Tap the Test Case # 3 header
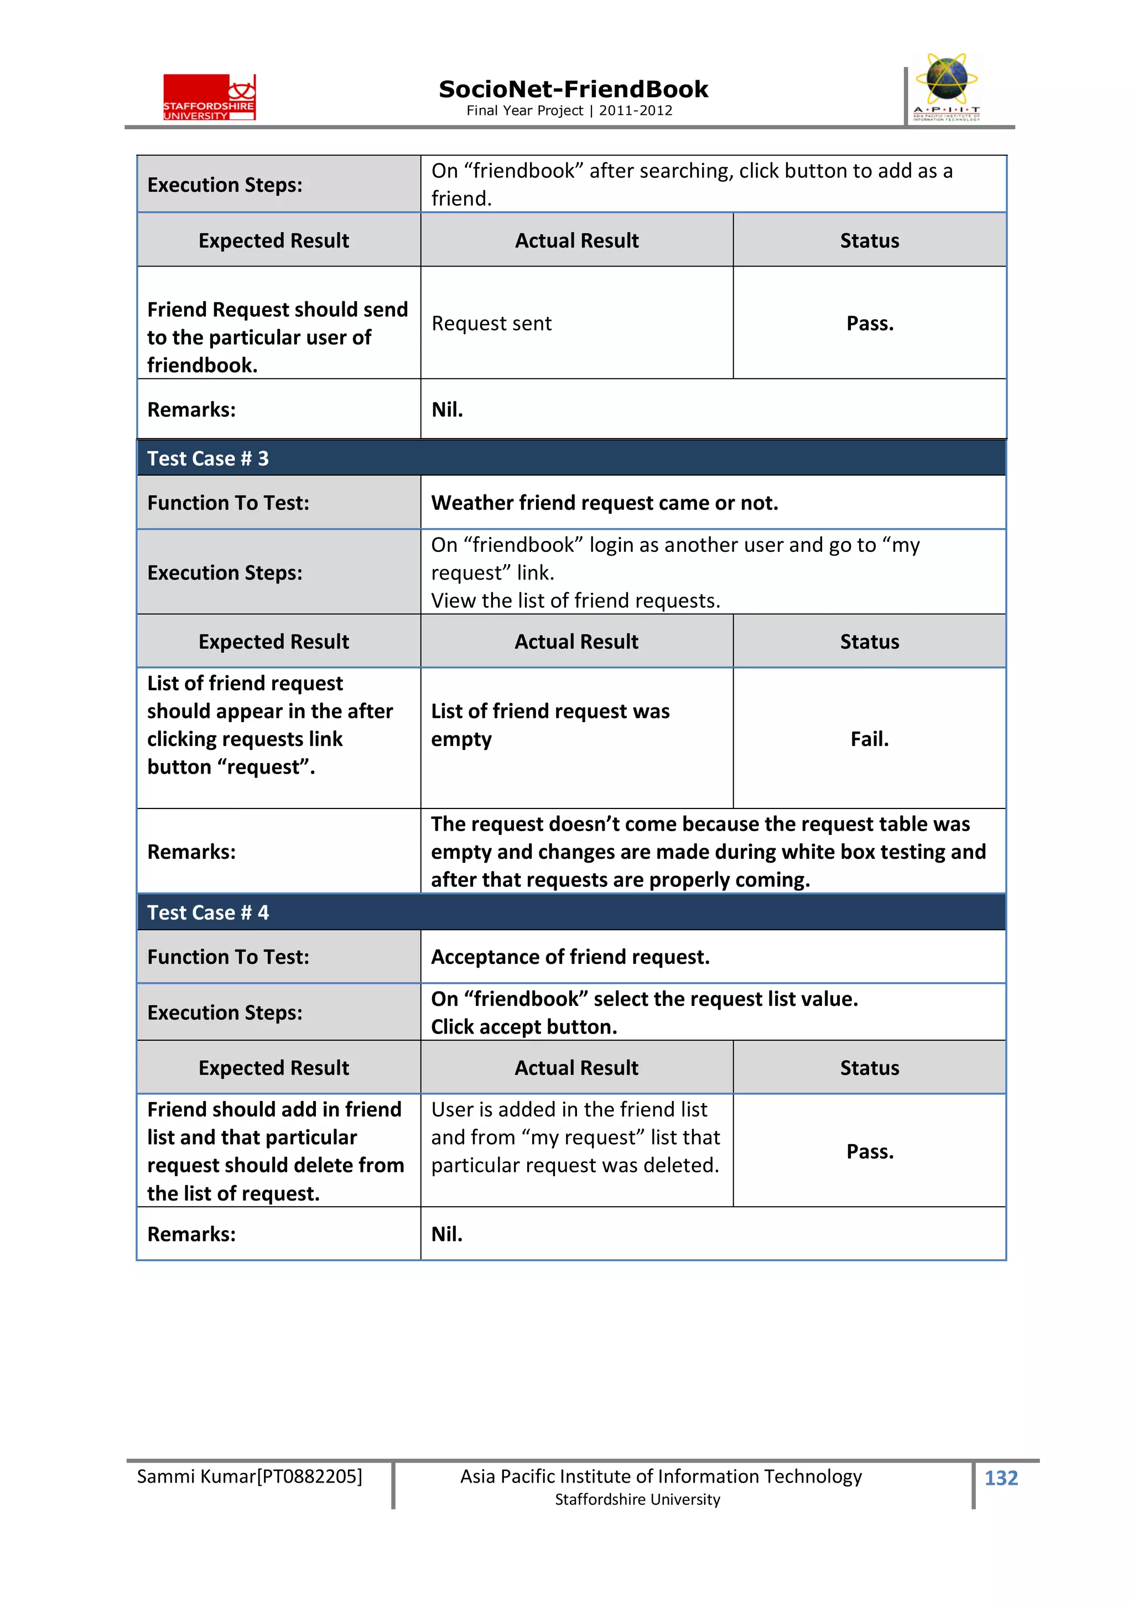[207, 458]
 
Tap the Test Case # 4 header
[207, 912]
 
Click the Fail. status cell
[869, 739]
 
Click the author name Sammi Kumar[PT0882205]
[249, 1476]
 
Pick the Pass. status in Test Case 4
[870, 1151]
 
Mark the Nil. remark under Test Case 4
[447, 1234]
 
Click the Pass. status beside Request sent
[870, 323]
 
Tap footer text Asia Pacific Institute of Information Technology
[661, 1476]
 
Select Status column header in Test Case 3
[869, 642]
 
